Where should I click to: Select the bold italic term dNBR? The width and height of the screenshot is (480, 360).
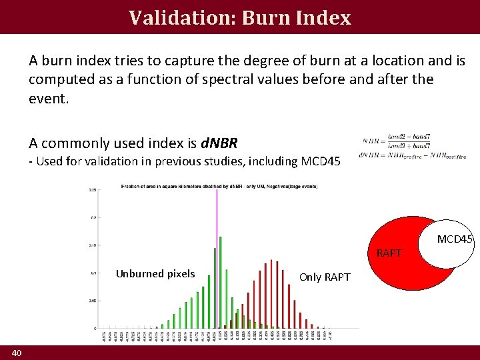coord(218,143)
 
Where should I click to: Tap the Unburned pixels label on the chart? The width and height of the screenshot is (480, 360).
coord(155,273)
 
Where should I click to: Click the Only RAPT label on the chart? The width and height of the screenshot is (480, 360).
coord(325,277)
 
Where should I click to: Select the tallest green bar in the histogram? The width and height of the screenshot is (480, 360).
coord(221,280)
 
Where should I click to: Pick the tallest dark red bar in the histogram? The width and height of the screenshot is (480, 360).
coord(271,293)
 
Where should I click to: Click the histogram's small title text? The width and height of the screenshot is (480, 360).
coord(220,186)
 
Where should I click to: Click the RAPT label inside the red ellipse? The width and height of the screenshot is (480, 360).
coord(389,253)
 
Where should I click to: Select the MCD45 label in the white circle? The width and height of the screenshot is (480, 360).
coord(455,239)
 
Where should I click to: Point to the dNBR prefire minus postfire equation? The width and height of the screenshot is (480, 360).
coord(412,156)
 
